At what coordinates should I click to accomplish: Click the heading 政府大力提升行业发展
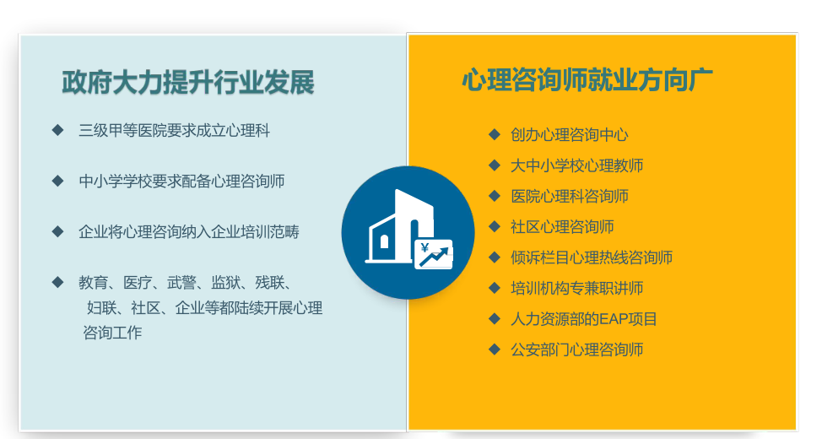point(188,83)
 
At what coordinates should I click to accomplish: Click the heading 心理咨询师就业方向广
point(587,79)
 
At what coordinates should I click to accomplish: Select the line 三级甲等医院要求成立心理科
point(175,131)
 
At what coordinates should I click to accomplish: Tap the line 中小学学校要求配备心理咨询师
point(182,182)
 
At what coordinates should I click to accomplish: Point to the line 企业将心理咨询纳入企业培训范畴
point(189,232)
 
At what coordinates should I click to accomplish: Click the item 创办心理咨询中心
point(570,135)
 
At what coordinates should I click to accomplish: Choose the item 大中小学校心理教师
point(576,165)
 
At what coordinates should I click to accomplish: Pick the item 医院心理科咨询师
point(570,196)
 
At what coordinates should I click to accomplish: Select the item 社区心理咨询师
point(562,226)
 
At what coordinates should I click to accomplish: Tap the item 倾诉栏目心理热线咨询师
point(592,257)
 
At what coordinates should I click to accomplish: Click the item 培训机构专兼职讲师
point(576,288)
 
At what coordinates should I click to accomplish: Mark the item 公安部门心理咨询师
point(576,350)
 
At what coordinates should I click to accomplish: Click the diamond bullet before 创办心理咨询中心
point(495,135)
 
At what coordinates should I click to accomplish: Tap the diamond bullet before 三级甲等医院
point(57,130)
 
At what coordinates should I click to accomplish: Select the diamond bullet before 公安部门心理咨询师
point(495,350)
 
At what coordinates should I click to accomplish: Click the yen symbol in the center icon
point(425,248)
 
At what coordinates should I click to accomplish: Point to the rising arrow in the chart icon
point(435,257)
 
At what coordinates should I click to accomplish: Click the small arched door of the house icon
point(384,241)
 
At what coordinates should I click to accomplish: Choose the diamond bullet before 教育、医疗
point(57,282)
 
